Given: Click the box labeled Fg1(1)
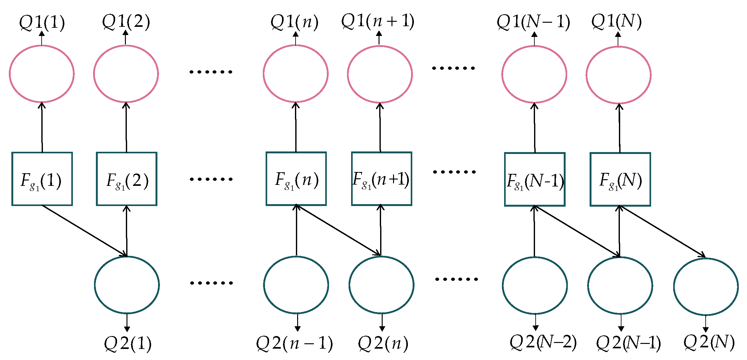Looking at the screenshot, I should click(x=42, y=179).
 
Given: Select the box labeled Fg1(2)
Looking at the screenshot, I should click(x=126, y=179).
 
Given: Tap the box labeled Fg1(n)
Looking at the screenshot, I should click(x=296, y=179).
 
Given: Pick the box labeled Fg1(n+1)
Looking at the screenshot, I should click(x=381, y=179).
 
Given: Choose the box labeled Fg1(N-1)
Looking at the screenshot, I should click(x=535, y=179).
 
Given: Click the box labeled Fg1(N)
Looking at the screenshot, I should click(x=620, y=179).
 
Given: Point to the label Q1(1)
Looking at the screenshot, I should click(x=42, y=22).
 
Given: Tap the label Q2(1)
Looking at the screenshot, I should click(x=127, y=343).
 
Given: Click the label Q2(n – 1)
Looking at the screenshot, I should click(x=294, y=343).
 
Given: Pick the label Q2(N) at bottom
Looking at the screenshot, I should click(x=709, y=342).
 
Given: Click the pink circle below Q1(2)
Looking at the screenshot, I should click(x=126, y=74).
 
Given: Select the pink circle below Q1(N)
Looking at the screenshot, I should click(x=618, y=75).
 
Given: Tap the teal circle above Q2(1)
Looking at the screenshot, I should click(x=127, y=285).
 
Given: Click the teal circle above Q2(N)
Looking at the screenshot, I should click(x=706, y=286).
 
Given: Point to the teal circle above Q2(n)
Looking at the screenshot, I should click(x=381, y=285).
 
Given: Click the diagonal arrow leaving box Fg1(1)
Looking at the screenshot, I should click(x=84, y=231).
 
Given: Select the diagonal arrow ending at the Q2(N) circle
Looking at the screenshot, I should click(x=662, y=232).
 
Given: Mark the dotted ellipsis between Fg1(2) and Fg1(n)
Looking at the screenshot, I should click(x=211, y=179).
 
